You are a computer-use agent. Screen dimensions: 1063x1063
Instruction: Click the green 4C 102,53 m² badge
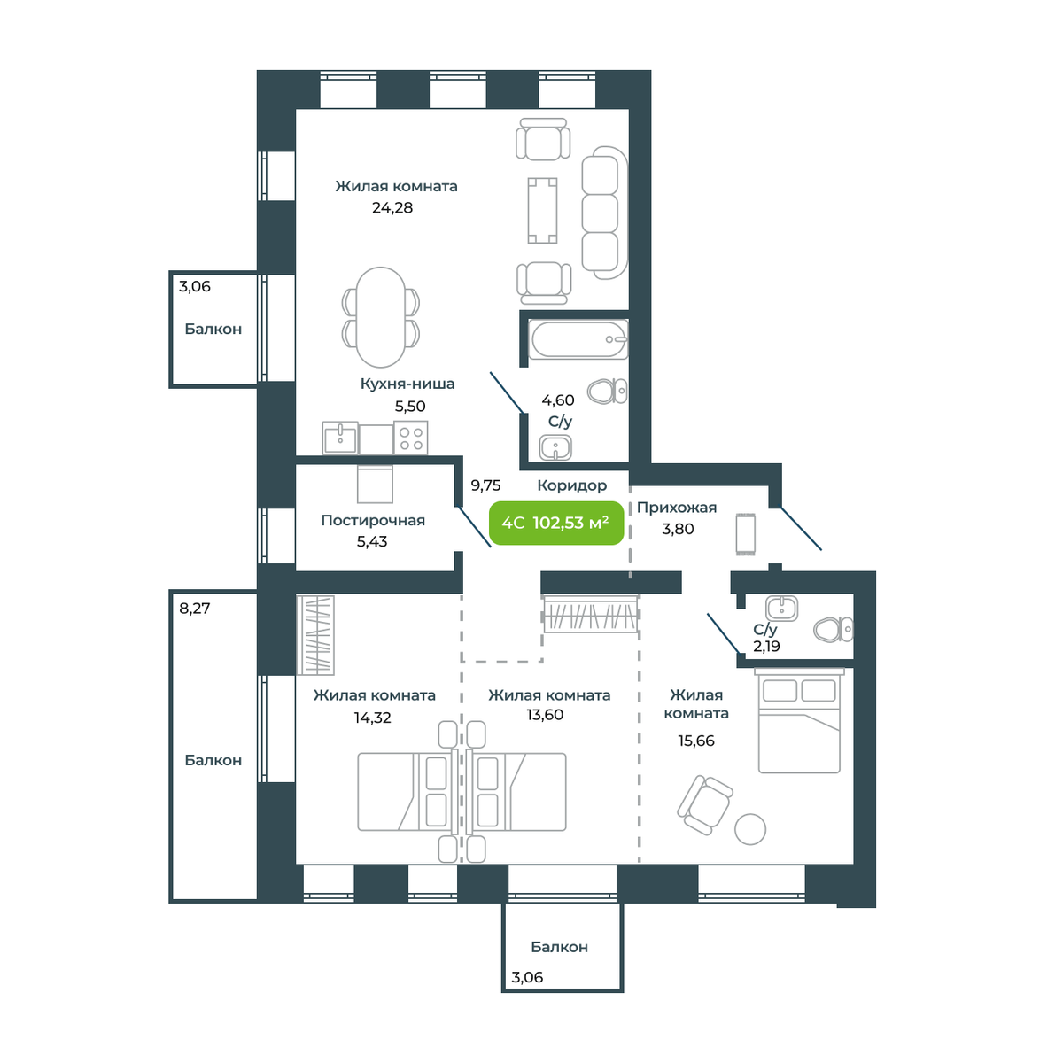tap(556, 523)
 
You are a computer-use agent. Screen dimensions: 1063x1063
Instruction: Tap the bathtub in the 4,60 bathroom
tap(578, 340)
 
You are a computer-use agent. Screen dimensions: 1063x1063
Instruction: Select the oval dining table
tap(381, 317)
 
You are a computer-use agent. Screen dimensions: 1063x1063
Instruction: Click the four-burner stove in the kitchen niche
tap(411, 438)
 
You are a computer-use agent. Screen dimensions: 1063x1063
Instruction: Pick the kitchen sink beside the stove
tap(340, 438)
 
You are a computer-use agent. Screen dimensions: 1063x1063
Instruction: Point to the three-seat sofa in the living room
tap(605, 213)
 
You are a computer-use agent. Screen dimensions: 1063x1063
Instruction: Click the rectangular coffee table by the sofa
tap(542, 210)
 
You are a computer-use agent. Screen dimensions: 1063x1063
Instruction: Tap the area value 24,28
tap(392, 208)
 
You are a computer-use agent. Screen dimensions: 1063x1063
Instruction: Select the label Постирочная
tap(373, 520)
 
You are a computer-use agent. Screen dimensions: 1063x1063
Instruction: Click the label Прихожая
tap(677, 508)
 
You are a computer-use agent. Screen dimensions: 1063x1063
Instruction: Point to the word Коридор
tap(572, 485)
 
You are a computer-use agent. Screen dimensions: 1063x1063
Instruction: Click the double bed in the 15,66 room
tap(799, 720)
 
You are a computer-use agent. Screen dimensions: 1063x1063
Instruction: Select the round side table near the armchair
tap(750, 829)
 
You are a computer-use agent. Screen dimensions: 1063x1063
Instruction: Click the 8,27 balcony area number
tap(195, 609)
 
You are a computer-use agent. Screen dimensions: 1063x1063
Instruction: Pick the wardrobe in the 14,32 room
tap(315, 634)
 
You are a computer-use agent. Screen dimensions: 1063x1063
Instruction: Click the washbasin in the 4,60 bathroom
tap(555, 447)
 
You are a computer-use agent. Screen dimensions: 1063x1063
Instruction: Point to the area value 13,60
tap(545, 715)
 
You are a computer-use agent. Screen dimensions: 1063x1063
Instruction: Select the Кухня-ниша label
tap(407, 384)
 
